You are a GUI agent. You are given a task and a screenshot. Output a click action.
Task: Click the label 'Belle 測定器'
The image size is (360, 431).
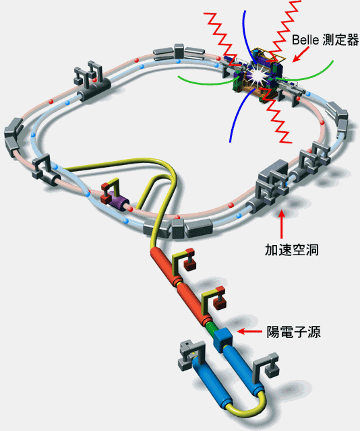point(326,40)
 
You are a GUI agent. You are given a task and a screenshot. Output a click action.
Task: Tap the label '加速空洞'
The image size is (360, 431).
point(292,250)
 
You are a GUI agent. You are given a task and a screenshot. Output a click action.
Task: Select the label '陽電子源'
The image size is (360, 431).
point(293,332)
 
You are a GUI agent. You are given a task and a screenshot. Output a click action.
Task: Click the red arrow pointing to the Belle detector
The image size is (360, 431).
point(301,54)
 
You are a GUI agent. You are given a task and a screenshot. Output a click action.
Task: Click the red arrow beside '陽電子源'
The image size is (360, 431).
point(249,332)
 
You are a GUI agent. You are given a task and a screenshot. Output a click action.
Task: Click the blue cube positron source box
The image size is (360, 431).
point(222,339)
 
